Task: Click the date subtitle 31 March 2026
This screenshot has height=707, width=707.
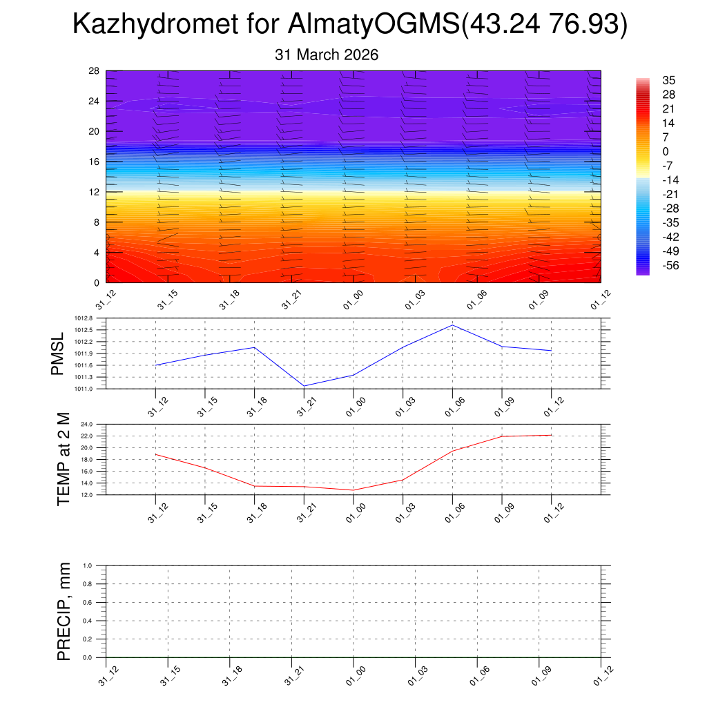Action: click(x=327, y=55)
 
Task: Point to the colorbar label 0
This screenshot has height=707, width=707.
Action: click(x=666, y=151)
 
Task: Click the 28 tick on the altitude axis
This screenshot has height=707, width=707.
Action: click(x=94, y=71)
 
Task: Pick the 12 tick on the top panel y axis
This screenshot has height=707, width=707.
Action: click(x=94, y=191)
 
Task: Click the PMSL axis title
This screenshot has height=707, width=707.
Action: click(x=57, y=353)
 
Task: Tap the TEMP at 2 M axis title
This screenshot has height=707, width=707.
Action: click(x=64, y=458)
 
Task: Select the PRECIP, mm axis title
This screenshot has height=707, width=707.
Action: click(x=64, y=611)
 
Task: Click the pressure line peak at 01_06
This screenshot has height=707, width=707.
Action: click(x=452, y=325)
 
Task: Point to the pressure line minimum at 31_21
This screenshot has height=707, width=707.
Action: click(x=304, y=386)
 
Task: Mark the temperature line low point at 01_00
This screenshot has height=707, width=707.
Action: click(x=353, y=490)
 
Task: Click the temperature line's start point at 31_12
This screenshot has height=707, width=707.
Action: click(x=156, y=454)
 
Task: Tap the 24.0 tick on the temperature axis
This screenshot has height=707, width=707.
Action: click(x=96, y=424)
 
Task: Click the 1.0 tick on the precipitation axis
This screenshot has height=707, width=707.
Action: click(x=97, y=565)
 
